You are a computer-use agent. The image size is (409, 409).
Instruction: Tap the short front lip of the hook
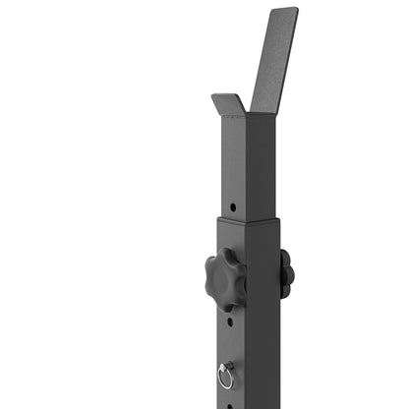coord(228,101)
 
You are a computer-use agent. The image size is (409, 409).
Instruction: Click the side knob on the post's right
coord(285,271)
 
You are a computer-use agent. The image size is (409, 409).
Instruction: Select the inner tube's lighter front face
coord(232,167)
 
